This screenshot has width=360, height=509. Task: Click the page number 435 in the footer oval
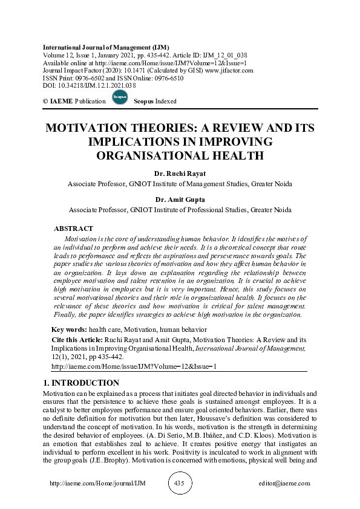178,484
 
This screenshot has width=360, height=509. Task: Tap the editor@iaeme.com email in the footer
284,484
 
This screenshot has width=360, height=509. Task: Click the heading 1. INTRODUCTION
82,383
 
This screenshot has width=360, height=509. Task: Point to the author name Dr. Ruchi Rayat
180,174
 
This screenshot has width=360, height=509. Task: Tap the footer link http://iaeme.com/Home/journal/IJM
90,484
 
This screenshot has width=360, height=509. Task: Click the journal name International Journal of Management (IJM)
106,47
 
